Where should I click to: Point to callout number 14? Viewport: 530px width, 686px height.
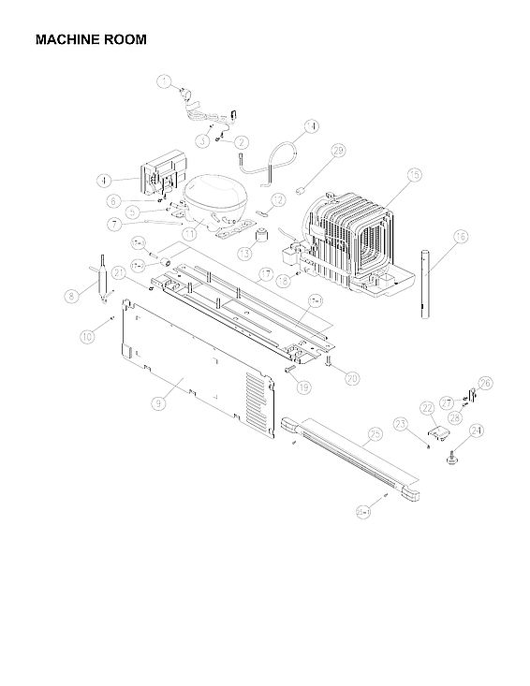[x=311, y=125]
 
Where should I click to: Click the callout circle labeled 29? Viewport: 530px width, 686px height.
[x=338, y=150]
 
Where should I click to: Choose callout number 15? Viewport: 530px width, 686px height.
[x=414, y=174]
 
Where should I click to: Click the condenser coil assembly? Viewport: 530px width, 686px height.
[x=351, y=239]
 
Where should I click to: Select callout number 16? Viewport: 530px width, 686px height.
[x=460, y=238]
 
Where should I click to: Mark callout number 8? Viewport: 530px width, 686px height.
[x=70, y=297]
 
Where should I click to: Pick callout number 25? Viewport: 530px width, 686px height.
[x=375, y=433]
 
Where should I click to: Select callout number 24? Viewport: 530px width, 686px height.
[x=476, y=431]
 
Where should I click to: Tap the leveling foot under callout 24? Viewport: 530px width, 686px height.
[x=452, y=460]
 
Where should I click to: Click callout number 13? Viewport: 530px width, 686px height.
[x=244, y=253]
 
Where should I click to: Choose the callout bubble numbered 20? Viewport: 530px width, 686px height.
[x=352, y=378]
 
